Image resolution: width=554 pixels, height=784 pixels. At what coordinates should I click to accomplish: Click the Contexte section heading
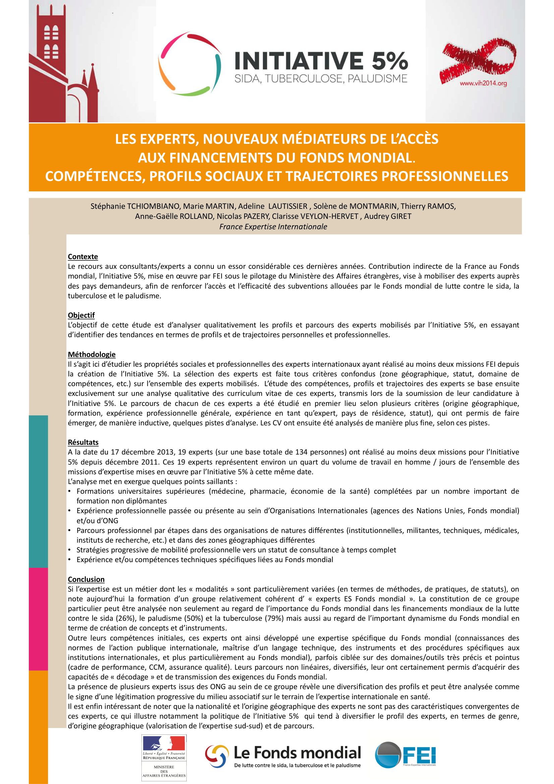[82, 256]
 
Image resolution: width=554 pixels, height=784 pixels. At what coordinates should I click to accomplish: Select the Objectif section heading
[81, 315]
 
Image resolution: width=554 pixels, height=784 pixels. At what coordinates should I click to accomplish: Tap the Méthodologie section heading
[91, 354]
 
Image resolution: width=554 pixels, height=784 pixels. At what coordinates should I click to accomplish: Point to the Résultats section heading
[83, 442]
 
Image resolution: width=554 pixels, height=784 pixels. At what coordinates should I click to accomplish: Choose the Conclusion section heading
[86, 579]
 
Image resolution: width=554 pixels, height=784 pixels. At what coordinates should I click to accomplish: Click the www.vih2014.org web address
[483, 83]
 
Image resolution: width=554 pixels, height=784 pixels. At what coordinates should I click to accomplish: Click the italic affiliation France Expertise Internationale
[273, 227]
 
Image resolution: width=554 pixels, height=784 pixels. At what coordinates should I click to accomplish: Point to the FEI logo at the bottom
[405, 755]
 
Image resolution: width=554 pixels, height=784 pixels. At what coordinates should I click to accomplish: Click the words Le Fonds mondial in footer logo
[297, 752]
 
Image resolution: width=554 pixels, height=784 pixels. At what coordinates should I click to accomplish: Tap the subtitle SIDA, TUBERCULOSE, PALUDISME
[321, 79]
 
